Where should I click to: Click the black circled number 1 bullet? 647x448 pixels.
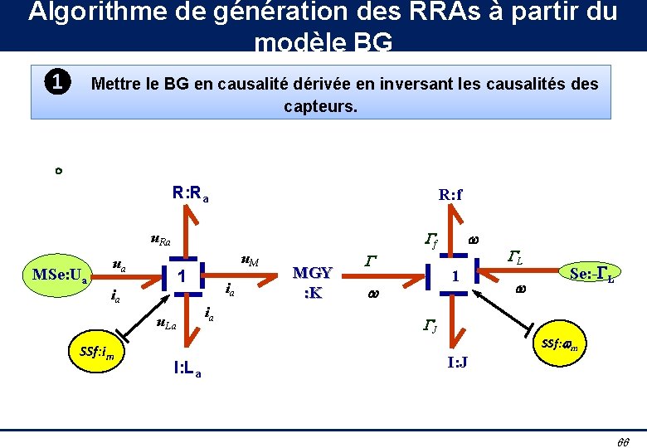click(56, 82)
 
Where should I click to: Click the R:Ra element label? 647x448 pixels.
click(190, 194)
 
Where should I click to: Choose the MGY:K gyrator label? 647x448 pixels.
click(313, 282)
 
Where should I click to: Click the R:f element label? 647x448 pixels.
click(450, 195)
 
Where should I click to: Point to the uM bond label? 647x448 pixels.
click(249, 261)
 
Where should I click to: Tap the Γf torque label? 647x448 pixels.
click(431, 241)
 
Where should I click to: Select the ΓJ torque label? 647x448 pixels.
click(430, 324)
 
